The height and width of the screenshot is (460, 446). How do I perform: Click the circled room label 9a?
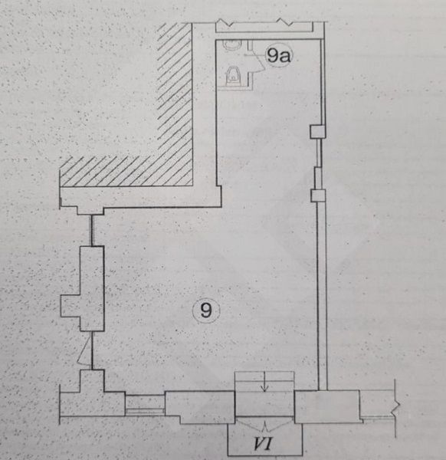pyautogui.click(x=279, y=55)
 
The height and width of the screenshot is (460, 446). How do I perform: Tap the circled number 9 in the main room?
pyautogui.click(x=206, y=310)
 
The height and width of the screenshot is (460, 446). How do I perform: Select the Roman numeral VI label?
pyautogui.click(x=264, y=443)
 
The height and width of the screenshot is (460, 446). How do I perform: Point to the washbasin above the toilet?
pyautogui.click(x=232, y=44)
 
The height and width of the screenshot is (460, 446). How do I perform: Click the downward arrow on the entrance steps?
pyautogui.click(x=264, y=381)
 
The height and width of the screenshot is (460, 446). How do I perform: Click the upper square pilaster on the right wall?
pyautogui.click(x=317, y=131)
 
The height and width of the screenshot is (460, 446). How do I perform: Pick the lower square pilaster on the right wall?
pyautogui.click(x=318, y=195)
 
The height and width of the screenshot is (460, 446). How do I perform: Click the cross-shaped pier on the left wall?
pyautogui.click(x=83, y=289)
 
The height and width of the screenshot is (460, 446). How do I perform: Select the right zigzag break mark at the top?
pyautogui.click(x=285, y=21)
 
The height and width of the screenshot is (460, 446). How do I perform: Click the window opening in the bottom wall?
pyautogui.click(x=145, y=405)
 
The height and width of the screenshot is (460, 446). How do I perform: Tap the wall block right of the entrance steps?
pyautogui.click(x=327, y=406)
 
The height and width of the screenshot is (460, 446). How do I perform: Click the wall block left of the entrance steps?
pyautogui.click(x=200, y=406)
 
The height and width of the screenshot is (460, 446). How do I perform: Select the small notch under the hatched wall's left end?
pyautogui.click(x=90, y=211)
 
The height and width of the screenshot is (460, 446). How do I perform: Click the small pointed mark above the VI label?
pyautogui.click(x=265, y=426)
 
